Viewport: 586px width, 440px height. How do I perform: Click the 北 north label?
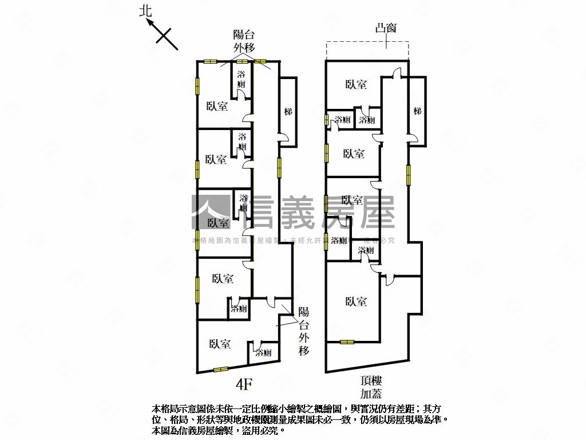[146, 11]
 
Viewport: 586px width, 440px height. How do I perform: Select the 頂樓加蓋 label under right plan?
[371, 387]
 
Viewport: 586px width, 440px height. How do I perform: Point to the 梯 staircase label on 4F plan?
[288, 111]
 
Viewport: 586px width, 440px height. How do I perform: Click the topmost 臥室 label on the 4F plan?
[217, 106]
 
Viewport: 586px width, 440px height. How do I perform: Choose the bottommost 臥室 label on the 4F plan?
[220, 344]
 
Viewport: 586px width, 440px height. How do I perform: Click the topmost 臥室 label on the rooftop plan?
[356, 85]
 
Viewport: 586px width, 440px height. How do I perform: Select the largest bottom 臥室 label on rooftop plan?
[356, 301]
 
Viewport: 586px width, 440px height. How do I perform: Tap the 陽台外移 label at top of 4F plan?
[243, 41]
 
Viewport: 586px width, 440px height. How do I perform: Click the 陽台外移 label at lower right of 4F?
[303, 331]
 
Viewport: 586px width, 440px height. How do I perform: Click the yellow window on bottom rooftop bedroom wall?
[347, 343]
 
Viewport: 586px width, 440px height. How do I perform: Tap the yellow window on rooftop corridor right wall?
[409, 174]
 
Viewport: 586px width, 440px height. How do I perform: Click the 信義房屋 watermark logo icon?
[211, 212]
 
